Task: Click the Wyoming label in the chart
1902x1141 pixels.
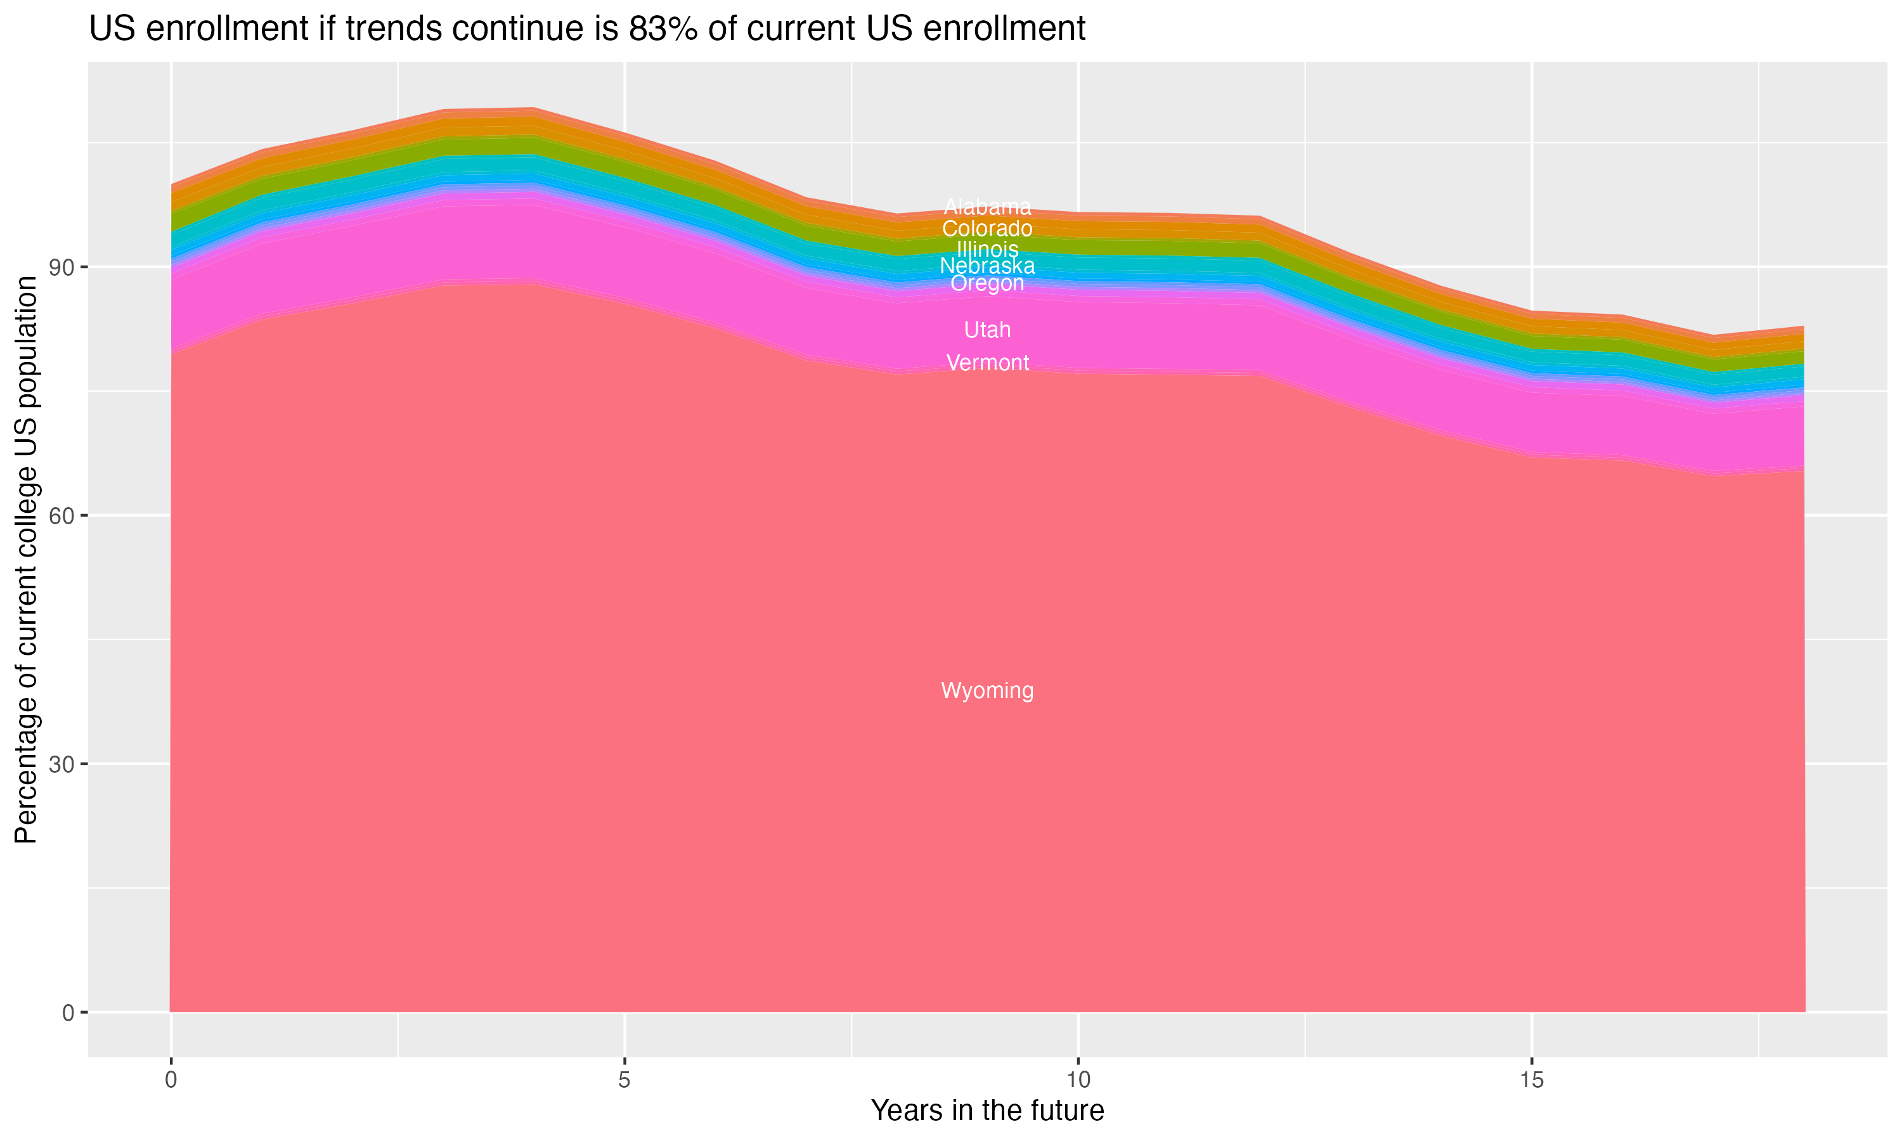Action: [987, 690]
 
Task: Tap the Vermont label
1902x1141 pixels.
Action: [987, 363]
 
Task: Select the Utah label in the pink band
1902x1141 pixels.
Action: [987, 330]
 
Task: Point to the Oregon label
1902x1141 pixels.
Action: [987, 284]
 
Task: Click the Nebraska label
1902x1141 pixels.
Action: [987, 266]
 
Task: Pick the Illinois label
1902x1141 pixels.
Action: [987, 249]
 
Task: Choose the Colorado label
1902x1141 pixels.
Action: [987, 228]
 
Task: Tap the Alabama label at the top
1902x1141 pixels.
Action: [987, 207]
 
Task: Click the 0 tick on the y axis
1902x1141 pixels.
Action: [69, 1012]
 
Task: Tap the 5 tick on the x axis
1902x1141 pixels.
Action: [624, 1080]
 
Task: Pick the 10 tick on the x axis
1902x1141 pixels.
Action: [1078, 1080]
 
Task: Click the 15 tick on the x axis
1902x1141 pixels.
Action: [1532, 1080]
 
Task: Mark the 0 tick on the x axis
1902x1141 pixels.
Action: [171, 1080]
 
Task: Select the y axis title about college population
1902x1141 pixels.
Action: [26, 560]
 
